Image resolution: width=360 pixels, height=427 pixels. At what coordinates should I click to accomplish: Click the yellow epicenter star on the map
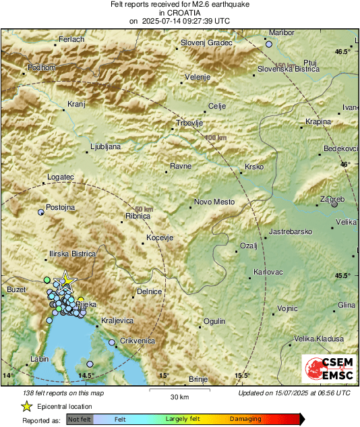click(x=65, y=281)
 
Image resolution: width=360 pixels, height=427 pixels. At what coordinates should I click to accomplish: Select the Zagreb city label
click(x=331, y=199)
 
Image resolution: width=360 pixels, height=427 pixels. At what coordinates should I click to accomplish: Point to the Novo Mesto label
click(x=214, y=202)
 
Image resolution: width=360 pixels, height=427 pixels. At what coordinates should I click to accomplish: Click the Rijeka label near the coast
click(x=87, y=305)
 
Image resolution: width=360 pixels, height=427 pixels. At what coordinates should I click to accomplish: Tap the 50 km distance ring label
click(x=144, y=210)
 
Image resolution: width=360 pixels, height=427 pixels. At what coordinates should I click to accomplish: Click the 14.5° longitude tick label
click(x=86, y=375)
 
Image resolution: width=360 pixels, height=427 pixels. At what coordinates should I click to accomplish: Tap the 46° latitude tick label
click(x=345, y=164)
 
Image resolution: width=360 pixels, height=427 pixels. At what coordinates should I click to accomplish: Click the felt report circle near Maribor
click(x=269, y=44)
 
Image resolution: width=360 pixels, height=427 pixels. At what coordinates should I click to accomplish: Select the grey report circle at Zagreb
click(x=335, y=204)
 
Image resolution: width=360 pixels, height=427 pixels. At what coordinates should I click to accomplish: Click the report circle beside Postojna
click(x=41, y=212)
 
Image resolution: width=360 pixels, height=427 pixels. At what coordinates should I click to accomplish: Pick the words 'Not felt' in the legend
click(x=79, y=419)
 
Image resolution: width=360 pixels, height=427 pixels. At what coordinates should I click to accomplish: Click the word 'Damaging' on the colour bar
click(x=245, y=419)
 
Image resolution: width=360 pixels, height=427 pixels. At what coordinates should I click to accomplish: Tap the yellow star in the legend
click(x=26, y=407)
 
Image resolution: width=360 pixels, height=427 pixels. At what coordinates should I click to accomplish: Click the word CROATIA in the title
click(x=180, y=12)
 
